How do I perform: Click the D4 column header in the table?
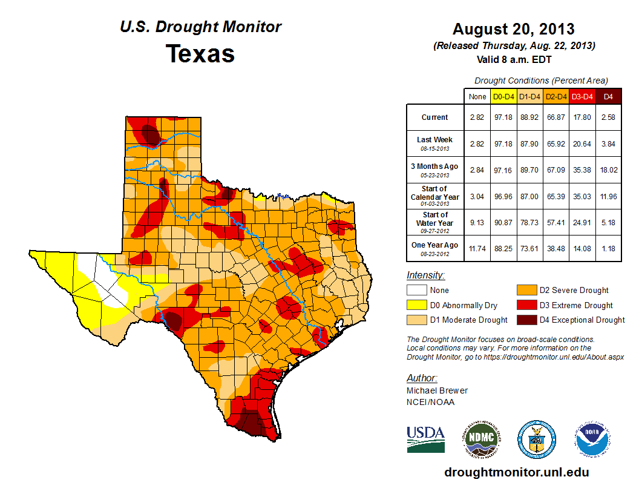click(608, 96)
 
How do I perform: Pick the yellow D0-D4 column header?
click(504, 96)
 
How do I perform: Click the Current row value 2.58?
click(608, 117)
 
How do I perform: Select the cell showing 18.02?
click(608, 170)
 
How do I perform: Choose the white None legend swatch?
click(416, 291)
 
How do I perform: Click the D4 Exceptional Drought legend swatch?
click(525, 320)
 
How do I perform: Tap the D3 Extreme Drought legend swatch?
click(525, 305)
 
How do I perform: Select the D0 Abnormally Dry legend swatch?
click(416, 305)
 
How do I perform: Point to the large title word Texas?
click(200, 53)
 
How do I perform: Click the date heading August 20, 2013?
click(514, 29)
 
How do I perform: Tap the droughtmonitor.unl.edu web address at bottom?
click(516, 472)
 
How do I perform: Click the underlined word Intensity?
click(425, 275)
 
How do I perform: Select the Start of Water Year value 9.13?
click(477, 222)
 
